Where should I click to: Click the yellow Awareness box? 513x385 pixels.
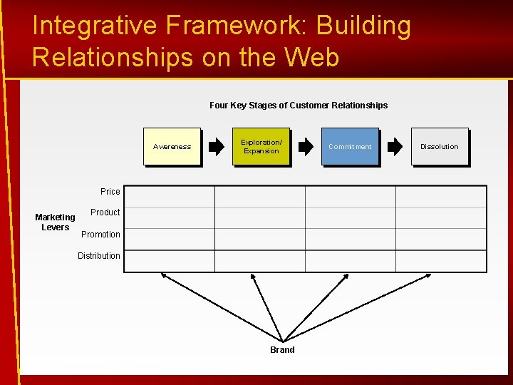pos(172,147)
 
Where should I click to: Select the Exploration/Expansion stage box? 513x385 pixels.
pos(261,147)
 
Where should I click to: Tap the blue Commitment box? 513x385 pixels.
pos(350,147)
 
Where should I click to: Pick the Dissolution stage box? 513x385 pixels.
pos(440,147)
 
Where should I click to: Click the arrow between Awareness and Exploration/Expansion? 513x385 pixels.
pos(216,147)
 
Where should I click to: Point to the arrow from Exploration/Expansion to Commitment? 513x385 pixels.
pos(305,147)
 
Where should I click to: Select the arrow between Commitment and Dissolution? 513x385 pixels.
pos(395,147)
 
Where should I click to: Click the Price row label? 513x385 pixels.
pos(110,192)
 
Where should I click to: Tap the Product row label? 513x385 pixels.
pos(105,212)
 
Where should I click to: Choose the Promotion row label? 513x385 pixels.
pos(100,235)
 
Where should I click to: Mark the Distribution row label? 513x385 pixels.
pos(99,256)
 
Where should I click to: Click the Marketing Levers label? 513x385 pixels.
pos(55,222)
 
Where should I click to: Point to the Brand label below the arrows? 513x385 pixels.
pos(282,350)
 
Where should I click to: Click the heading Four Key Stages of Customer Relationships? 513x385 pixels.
pos(299,106)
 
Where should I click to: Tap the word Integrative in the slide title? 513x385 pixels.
pos(94,26)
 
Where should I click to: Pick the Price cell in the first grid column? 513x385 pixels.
pos(170,197)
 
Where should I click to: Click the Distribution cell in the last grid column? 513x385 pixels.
pos(441,261)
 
